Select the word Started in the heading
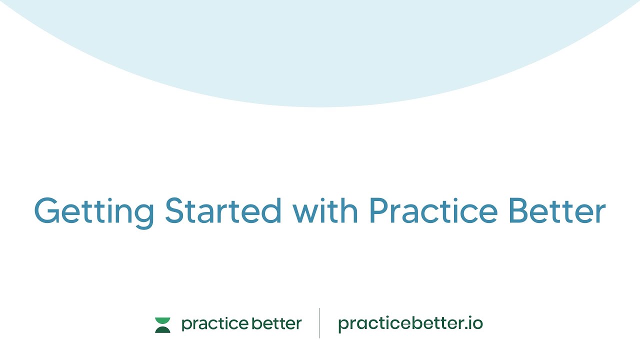223,210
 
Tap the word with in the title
325,210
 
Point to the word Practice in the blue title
433,210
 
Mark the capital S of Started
175,210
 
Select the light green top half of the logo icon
162,320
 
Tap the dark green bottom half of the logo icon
162,329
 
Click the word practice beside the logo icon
214,324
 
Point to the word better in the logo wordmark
276,323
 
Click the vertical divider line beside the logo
319,323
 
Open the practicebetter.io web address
410,324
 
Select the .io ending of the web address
474,323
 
